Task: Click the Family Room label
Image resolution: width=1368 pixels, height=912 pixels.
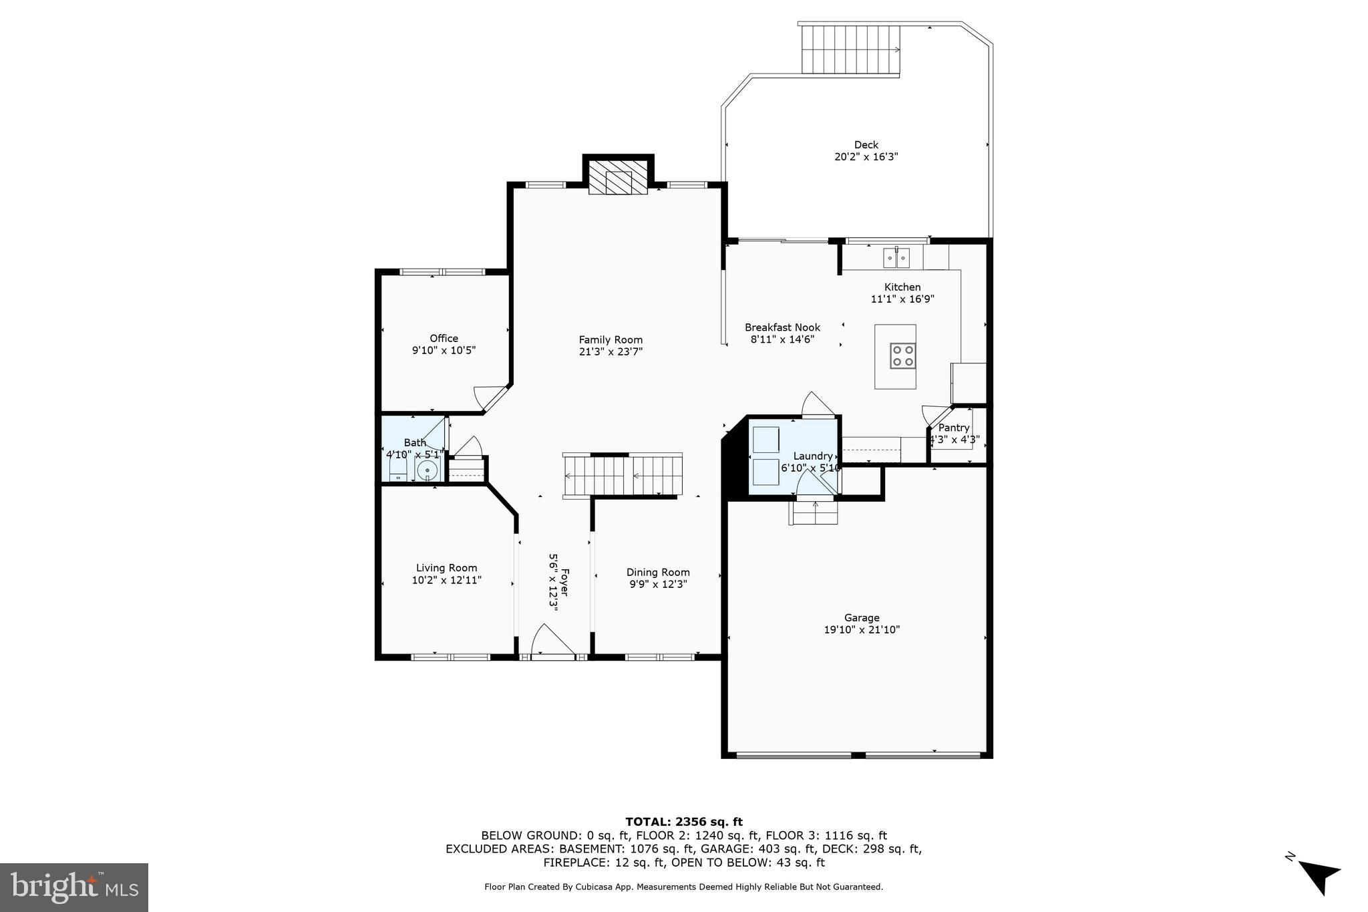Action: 611,339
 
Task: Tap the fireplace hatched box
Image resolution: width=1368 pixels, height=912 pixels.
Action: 618,178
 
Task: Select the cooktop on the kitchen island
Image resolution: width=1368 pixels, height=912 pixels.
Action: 902,355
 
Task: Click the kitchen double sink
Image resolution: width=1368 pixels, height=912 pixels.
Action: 896,257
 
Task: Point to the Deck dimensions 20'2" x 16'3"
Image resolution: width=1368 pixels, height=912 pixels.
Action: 866,157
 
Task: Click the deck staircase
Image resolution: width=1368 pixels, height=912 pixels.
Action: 850,49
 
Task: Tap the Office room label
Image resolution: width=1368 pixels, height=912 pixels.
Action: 444,338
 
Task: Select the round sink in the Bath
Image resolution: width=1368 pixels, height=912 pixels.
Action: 427,471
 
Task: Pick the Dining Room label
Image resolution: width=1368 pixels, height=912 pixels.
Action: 658,572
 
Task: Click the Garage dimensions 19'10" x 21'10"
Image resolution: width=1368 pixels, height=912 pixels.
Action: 862,629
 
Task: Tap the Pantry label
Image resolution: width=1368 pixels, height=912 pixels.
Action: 953,428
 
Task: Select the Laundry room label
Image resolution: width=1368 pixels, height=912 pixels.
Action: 813,456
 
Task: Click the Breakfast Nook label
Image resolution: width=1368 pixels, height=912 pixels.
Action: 782,327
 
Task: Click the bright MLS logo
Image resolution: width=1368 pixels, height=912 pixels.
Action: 74,887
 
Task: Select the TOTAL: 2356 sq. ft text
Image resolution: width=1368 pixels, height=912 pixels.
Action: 683,822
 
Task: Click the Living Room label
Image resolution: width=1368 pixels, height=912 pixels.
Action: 446,568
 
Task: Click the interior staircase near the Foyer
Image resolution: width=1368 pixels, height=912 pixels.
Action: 623,475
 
